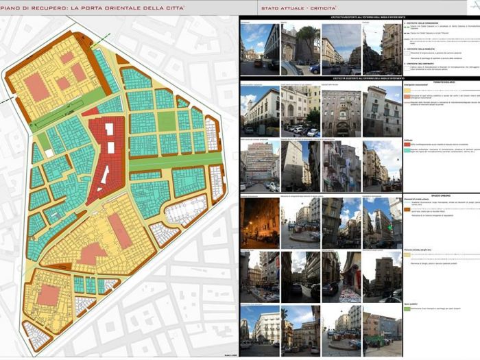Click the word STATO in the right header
(269, 8)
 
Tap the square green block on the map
(167, 121)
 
